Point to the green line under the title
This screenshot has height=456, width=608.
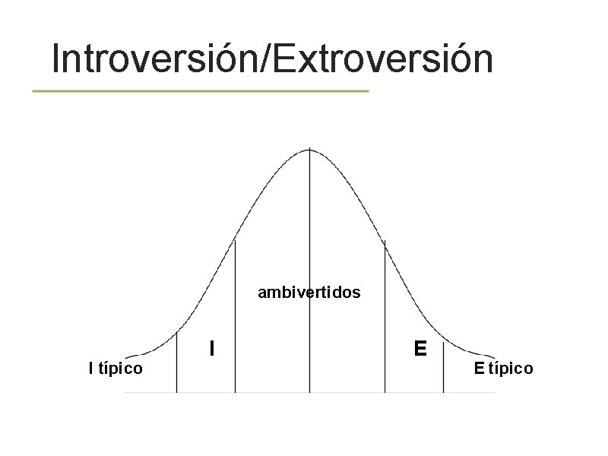point(201,90)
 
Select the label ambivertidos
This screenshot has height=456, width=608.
point(309,292)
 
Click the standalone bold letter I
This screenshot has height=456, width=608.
point(212,349)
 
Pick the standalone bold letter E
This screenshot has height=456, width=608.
point(420,349)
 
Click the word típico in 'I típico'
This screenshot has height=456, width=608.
point(121,369)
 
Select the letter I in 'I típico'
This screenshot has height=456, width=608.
point(91,369)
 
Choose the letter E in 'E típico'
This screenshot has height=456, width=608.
point(479,369)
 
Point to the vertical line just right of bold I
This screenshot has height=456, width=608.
point(235,319)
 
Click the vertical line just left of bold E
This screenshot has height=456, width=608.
point(385,319)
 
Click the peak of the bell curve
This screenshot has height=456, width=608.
point(309,150)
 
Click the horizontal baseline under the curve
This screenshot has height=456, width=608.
point(309,392)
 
